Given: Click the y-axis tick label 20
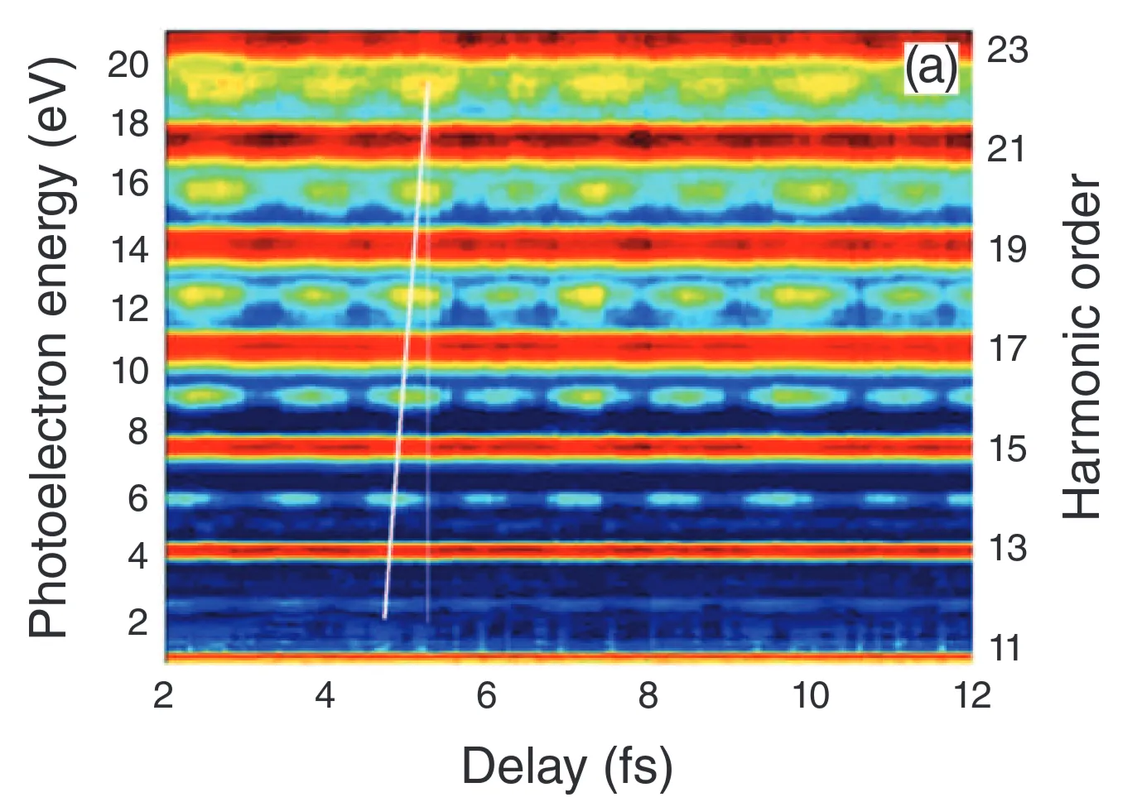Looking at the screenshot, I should (128, 64).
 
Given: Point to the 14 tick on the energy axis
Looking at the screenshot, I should (128, 247).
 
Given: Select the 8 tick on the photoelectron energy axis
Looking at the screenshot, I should (137, 431).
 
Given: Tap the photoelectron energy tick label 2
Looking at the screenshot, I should (137, 620).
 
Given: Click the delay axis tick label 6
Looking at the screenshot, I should (486, 695).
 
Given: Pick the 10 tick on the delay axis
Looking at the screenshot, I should (810, 695).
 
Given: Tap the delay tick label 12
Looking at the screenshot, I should (971, 695).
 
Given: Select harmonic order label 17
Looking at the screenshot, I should (1007, 348).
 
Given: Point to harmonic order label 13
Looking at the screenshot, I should (1007, 548).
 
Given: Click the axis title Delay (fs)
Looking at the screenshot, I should (566, 766).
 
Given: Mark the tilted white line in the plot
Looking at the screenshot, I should (406, 348).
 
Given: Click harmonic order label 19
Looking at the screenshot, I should (1007, 248).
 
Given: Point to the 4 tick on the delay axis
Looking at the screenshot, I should (325, 695).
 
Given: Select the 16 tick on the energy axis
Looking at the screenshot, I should (128, 183).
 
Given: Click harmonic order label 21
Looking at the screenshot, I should (1007, 149).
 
